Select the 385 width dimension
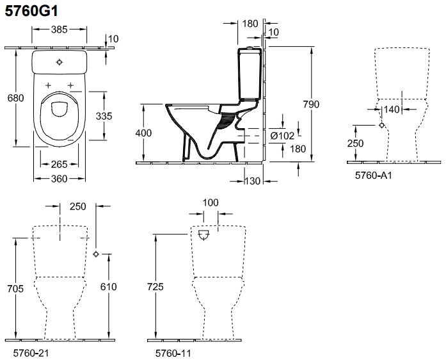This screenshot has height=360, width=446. coord(60,30)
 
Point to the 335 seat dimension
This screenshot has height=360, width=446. coord(104,115)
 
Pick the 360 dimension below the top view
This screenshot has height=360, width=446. coord(60,179)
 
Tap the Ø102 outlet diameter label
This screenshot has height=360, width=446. coord(282,136)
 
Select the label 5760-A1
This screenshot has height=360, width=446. coord(373,174)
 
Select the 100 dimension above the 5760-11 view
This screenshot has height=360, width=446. coord(210,202)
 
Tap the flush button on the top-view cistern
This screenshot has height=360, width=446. coord(60,63)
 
